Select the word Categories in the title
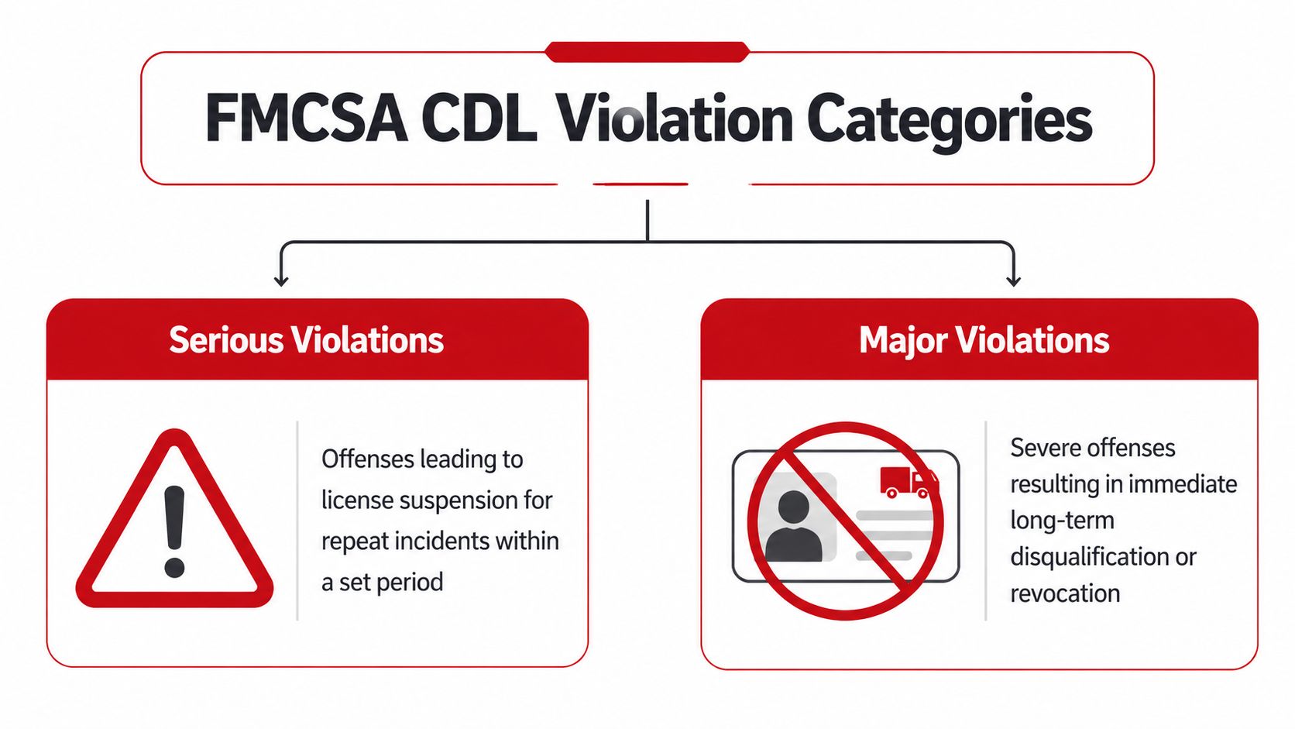(x=949, y=120)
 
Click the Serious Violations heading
(x=306, y=340)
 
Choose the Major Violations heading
(x=984, y=340)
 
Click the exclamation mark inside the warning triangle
(x=175, y=531)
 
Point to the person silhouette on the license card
(x=794, y=527)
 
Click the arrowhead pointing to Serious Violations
(x=281, y=280)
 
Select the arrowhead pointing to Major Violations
(x=1013, y=280)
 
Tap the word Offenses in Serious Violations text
(x=369, y=459)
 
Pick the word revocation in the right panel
(x=1065, y=593)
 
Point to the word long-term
(x=1062, y=521)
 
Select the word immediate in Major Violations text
(x=1183, y=484)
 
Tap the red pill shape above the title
(x=647, y=52)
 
